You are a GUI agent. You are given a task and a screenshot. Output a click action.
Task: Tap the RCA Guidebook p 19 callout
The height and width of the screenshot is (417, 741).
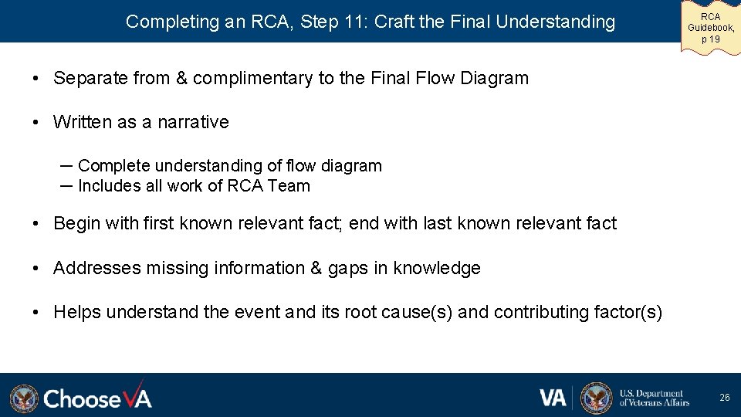710,27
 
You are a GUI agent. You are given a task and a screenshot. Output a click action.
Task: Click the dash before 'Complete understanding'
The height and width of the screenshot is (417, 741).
66,165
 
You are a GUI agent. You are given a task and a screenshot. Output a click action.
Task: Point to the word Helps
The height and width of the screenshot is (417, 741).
77,312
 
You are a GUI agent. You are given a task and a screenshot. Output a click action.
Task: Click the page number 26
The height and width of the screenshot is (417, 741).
724,397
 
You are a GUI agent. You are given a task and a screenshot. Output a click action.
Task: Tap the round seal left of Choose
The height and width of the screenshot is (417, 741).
24,398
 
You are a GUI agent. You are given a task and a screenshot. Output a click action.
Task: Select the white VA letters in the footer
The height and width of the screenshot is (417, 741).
553,397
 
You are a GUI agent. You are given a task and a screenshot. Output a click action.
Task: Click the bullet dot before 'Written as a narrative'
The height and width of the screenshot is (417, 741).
36,122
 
